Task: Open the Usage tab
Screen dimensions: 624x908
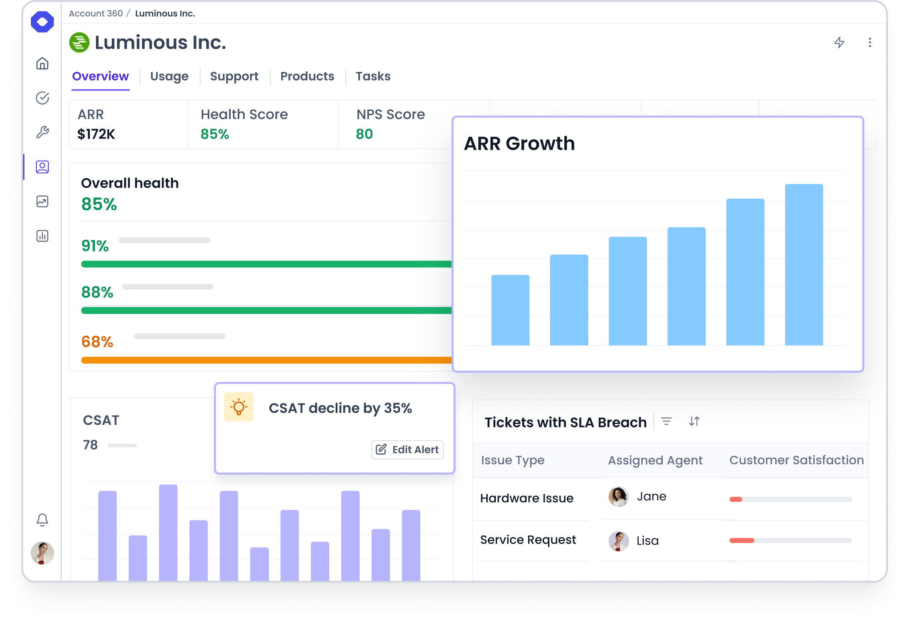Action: (169, 76)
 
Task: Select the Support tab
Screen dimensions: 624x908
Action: (234, 76)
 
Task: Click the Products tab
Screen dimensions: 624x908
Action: (307, 76)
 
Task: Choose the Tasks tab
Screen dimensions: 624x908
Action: (373, 76)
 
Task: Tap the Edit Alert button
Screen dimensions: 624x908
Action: (408, 449)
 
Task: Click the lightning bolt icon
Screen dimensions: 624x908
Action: (839, 42)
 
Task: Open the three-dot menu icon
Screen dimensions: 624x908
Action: (869, 42)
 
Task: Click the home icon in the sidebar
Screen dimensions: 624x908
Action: (42, 63)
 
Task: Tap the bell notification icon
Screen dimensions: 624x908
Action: (42, 520)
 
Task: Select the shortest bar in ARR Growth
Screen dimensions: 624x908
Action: (510, 310)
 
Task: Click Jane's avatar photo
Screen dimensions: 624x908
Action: (618, 497)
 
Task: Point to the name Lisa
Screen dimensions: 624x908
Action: (647, 540)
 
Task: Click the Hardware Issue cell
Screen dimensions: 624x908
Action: (527, 498)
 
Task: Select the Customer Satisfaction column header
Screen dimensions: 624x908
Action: (796, 460)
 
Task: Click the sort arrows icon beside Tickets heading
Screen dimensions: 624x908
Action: (694, 421)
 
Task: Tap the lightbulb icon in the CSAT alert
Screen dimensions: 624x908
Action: (239, 407)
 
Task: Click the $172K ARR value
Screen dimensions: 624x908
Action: (96, 134)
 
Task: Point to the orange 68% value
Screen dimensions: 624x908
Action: (97, 342)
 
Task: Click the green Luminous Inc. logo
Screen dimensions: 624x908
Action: (79, 42)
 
